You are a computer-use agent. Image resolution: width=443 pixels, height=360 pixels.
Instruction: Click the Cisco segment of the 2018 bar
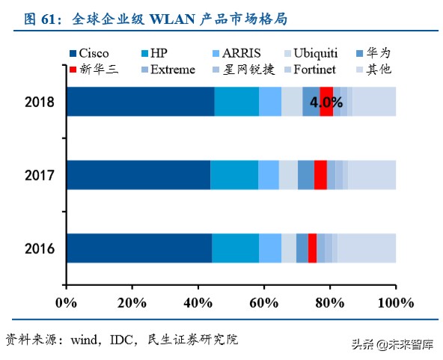(x=140, y=101)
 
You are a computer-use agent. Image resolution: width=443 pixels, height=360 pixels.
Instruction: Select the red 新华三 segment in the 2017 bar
(x=320, y=174)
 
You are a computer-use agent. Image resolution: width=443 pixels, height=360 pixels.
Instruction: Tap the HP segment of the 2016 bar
(x=235, y=248)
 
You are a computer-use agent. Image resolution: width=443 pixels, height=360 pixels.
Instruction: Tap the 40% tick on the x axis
(x=198, y=303)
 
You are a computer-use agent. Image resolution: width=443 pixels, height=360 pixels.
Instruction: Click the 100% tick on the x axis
(x=396, y=303)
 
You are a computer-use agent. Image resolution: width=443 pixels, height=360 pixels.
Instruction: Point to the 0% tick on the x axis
(x=67, y=303)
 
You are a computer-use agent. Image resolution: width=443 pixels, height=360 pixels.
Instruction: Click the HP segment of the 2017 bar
(x=234, y=174)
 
